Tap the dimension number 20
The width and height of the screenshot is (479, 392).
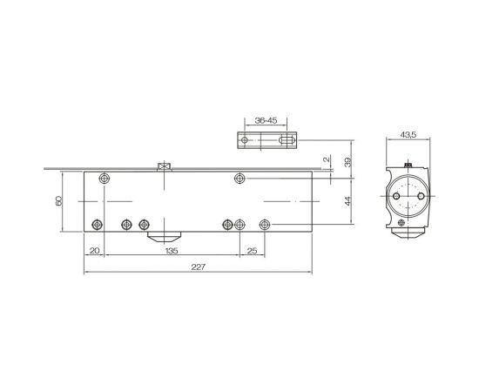pos(94,250)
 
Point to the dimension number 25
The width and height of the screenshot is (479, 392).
pos(252,250)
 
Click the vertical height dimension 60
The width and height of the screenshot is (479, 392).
pos(59,201)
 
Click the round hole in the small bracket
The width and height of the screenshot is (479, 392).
pos(245,139)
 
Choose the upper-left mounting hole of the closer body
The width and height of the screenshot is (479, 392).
pos(105,178)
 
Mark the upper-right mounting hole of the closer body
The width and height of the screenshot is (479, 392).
pos(240,178)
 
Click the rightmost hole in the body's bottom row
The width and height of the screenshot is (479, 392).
pos(264,224)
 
